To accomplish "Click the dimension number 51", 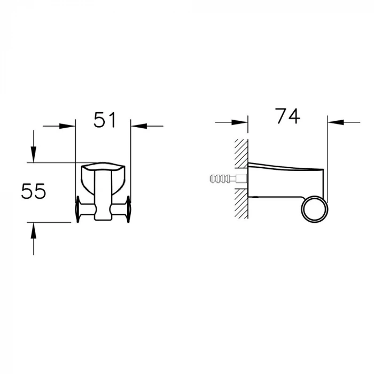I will [x=105, y=120].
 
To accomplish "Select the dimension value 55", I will [x=34, y=191].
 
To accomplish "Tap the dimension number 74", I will [x=287, y=116].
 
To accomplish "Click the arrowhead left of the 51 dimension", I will [x=68, y=126].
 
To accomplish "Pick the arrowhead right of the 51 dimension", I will [x=138, y=126].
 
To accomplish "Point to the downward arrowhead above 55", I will [x=33, y=155].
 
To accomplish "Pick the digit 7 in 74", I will [x=280, y=116].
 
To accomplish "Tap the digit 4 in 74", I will [x=294, y=116].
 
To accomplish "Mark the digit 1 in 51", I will [x=112, y=120].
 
